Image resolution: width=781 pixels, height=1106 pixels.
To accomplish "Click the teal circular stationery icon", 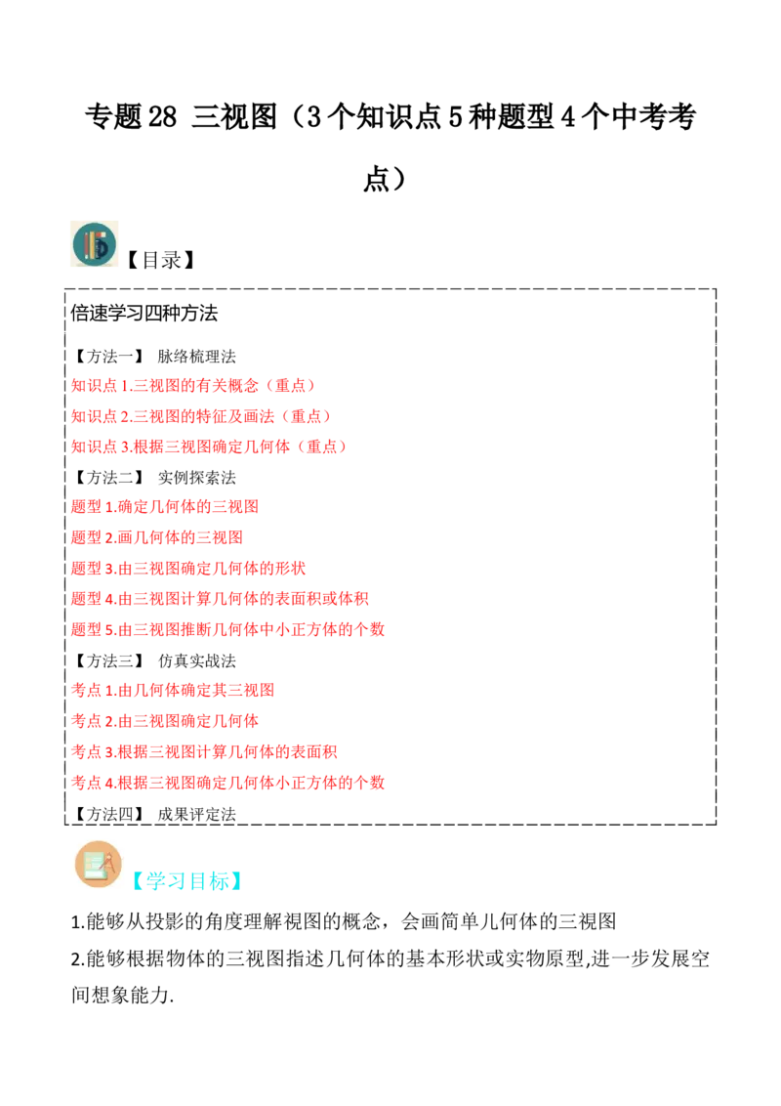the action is tap(94, 245).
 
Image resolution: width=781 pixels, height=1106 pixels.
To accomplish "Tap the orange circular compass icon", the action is tap(98, 864).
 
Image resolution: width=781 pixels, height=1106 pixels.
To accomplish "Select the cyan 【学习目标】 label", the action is tap(187, 880).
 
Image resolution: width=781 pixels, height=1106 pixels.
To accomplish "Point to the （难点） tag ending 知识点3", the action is tap(323, 447).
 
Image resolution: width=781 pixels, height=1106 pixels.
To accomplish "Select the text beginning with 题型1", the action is tap(166, 507).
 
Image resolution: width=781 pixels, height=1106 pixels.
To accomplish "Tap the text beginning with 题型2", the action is tap(156, 538).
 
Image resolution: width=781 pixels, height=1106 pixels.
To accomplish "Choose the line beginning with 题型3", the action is tap(190, 569).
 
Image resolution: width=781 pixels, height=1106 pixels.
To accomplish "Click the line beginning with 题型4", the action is tap(221, 599).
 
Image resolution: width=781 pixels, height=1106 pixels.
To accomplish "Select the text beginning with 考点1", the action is tap(174, 691).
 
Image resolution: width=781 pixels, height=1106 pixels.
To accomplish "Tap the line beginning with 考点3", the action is tap(205, 752).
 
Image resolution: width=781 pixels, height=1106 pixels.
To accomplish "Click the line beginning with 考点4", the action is tap(229, 783).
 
